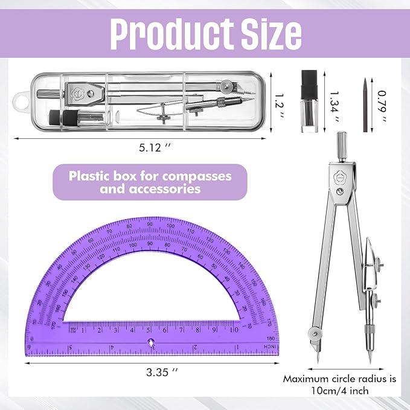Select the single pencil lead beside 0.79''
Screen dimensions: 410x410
pos(365,104)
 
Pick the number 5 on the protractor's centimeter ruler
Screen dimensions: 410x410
pos(149,330)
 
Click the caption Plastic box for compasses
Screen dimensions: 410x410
pos(150,176)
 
